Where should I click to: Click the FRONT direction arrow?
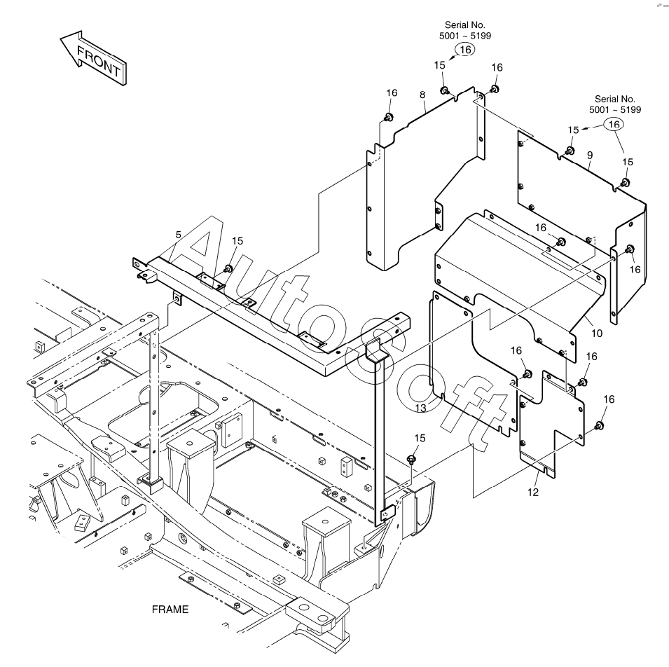tap(93, 58)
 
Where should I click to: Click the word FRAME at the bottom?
tap(170, 610)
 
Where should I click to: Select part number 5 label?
tap(179, 235)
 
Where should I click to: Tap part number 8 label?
tap(422, 95)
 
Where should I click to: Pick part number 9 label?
tap(590, 156)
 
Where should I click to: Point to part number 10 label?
tap(596, 333)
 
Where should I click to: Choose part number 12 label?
tap(533, 493)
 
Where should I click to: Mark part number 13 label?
tap(421, 408)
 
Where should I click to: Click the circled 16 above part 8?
tap(465, 50)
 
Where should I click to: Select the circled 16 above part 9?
tap(614, 124)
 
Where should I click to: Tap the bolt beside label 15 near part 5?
tap(228, 268)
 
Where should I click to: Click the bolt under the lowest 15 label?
tap(411, 460)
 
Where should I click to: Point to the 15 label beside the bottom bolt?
tap(420, 439)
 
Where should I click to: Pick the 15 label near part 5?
tap(237, 241)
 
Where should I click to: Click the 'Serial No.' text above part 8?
tap(464, 25)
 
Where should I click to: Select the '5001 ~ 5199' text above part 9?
tap(615, 110)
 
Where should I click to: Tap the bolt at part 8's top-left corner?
tap(388, 117)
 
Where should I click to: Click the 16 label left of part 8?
tap(392, 93)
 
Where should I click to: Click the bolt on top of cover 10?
tap(560, 242)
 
